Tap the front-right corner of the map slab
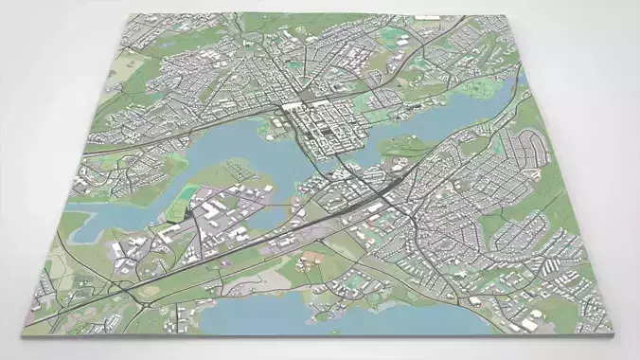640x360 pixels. click(x=607, y=334)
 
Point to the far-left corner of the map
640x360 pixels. click(x=123, y=16)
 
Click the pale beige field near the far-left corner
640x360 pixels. click(x=133, y=66)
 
